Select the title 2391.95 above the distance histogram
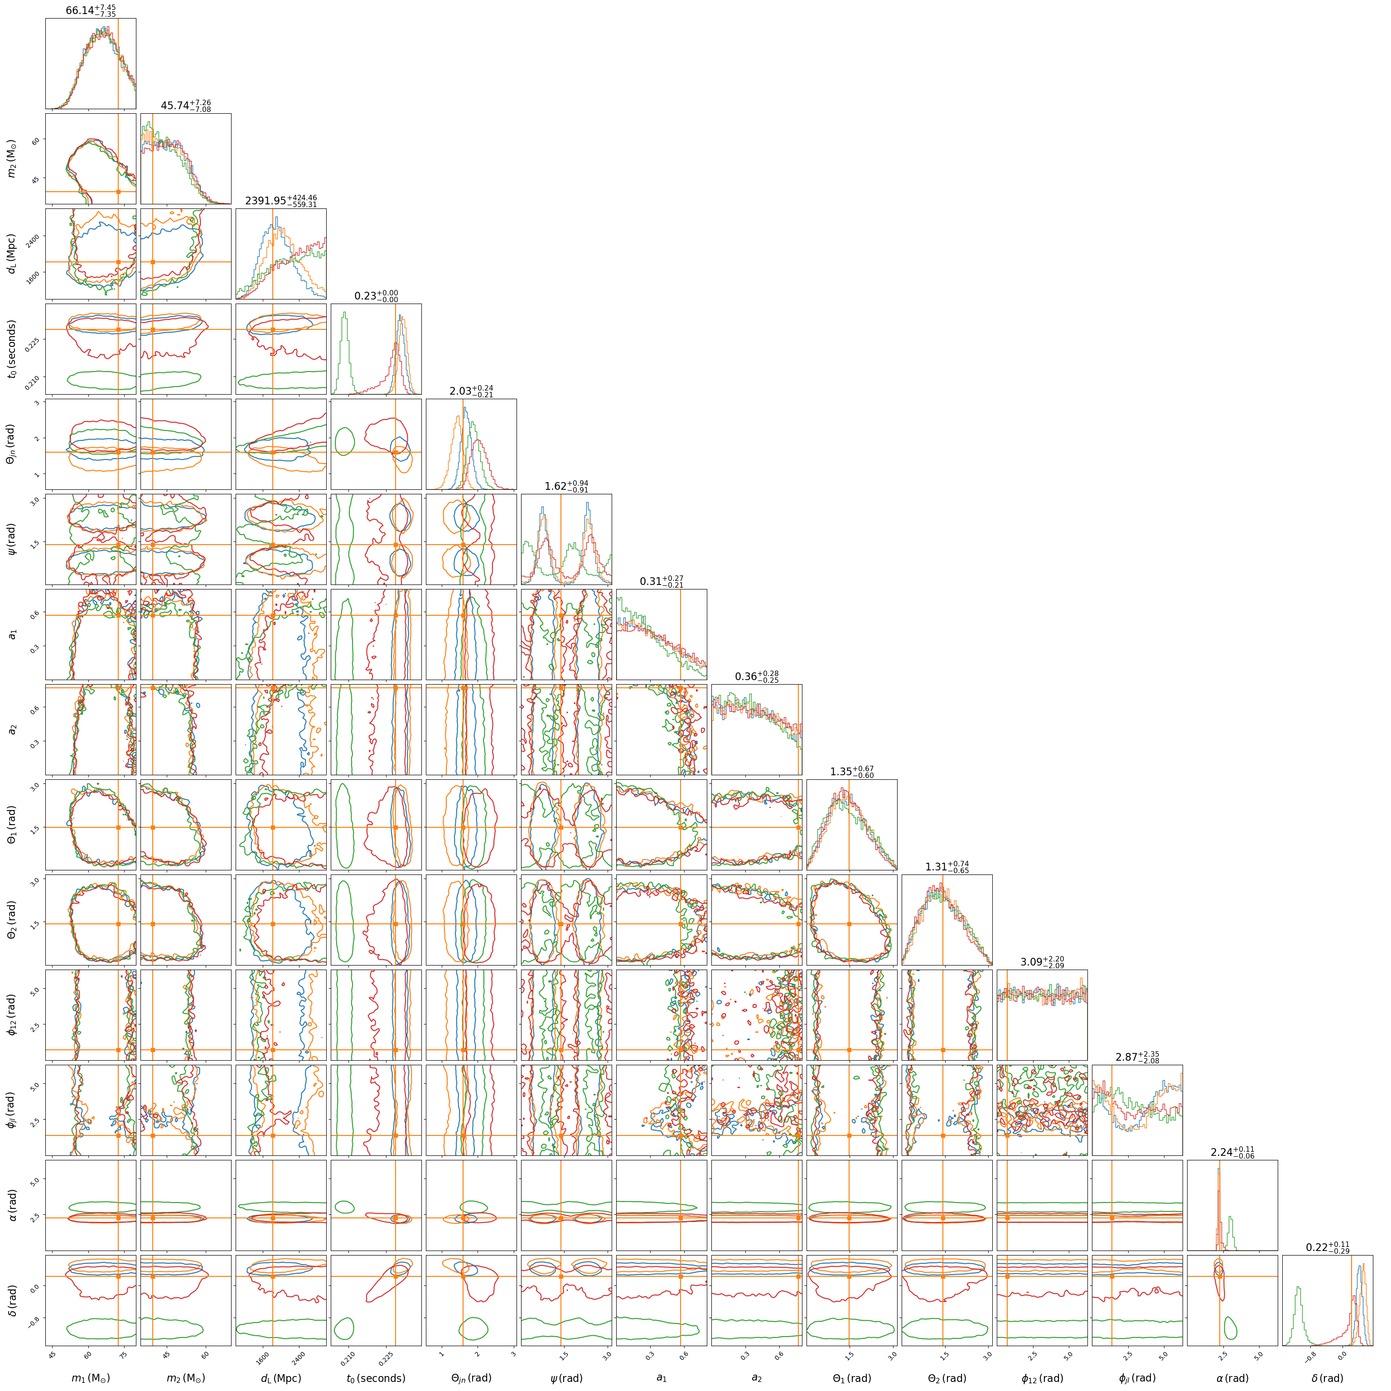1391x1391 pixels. [281, 200]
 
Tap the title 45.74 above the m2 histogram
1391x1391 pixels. [186, 106]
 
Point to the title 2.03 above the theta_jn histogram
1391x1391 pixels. [472, 391]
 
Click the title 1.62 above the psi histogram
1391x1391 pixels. [567, 486]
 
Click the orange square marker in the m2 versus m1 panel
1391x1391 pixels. [118, 192]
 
